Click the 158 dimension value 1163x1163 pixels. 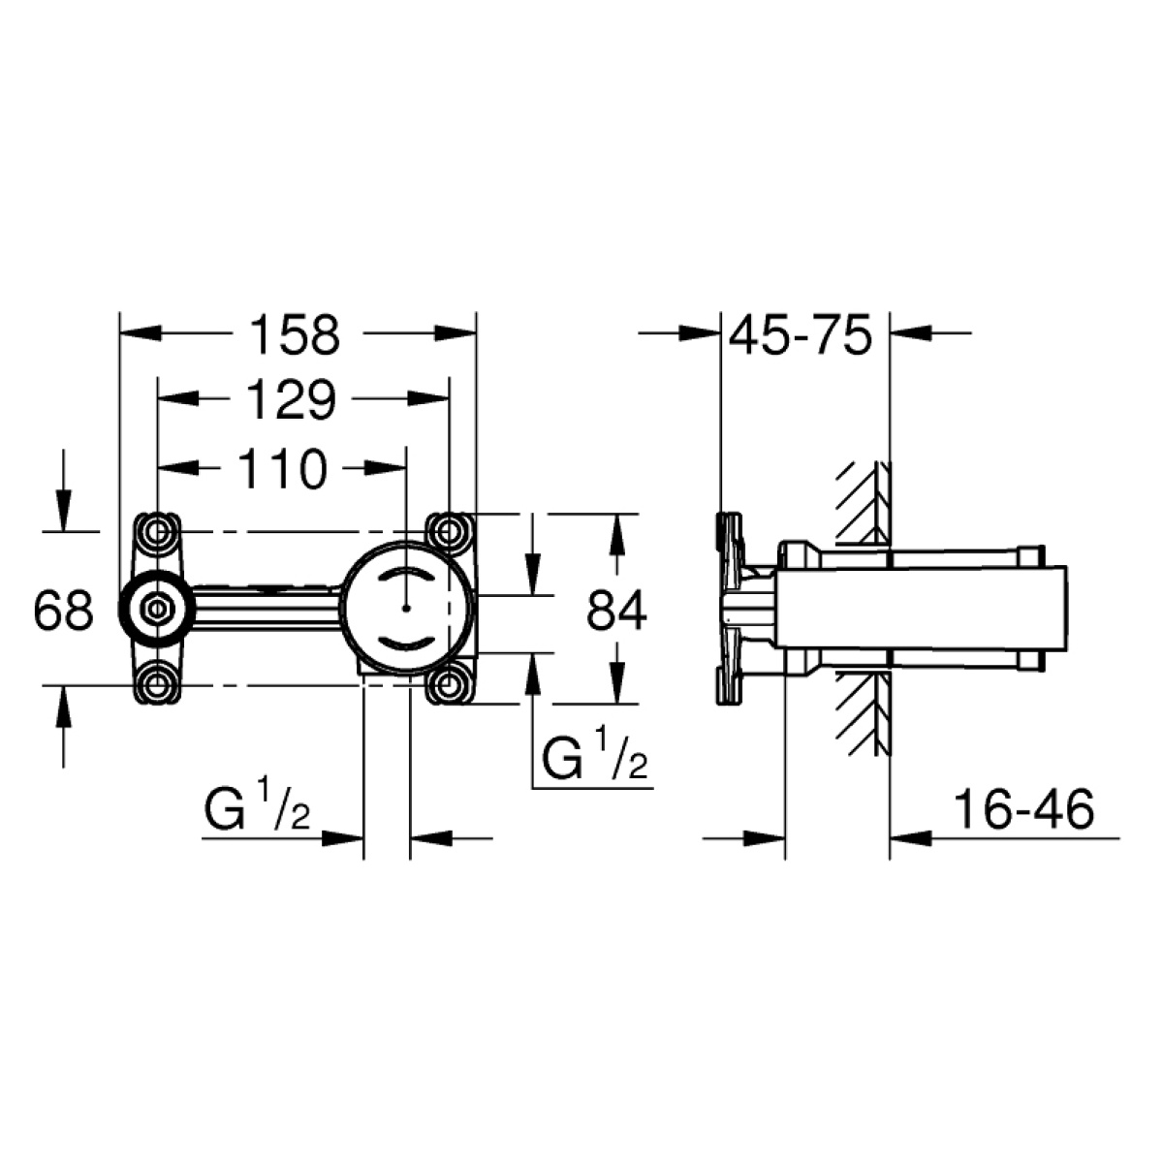point(296,333)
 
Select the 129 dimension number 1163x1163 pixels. point(291,399)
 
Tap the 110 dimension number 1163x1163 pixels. point(282,468)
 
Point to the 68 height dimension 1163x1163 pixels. point(63,611)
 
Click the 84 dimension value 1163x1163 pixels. point(616,611)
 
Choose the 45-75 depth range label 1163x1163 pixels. point(801,333)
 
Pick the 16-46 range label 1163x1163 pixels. point(1024,810)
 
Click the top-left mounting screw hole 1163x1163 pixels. point(158,532)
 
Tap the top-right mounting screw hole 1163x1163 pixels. point(448,532)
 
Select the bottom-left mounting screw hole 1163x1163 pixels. point(158,685)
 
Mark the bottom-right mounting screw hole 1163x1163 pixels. point(448,685)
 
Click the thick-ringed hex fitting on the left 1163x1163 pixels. point(157,609)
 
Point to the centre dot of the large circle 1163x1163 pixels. point(407,608)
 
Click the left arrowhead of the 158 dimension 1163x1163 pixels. point(141,333)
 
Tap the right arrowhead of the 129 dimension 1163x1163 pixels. point(428,398)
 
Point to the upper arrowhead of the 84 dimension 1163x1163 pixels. point(616,533)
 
